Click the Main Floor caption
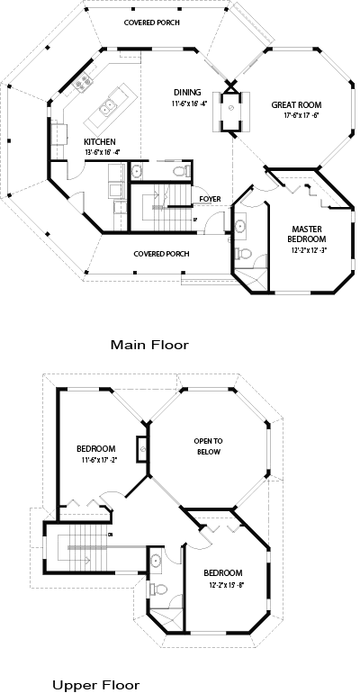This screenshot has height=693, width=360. pos(149,344)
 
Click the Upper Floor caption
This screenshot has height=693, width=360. pos(95,685)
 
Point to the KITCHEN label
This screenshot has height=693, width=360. pos(100,142)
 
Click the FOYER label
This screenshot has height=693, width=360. pos(210,200)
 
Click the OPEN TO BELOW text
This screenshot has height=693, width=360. pos(208,446)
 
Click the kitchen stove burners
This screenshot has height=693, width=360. pos(85,85)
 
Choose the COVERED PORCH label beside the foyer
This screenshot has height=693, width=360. pos(161,254)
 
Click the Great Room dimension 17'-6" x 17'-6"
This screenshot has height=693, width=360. pos(295,116)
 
